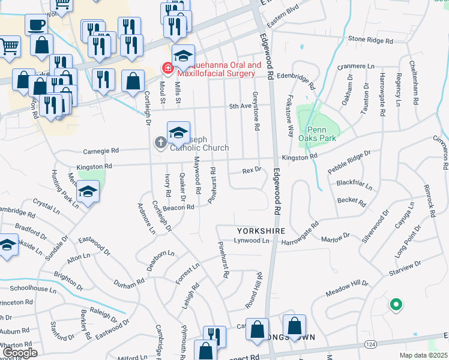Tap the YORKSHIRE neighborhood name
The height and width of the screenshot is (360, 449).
[x=259, y=230]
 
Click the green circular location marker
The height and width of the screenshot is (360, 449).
[x=396, y=305]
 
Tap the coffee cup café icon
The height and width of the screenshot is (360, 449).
[x=36, y=25]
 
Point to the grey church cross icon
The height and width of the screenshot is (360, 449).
[x=160, y=143]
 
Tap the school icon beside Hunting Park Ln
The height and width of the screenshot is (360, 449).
[x=88, y=192]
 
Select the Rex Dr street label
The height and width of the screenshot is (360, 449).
[x=252, y=170]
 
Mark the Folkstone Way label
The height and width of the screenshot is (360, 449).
[x=291, y=114]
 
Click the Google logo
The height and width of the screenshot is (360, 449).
[x=19, y=353]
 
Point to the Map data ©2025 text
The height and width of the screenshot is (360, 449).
[x=423, y=355]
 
